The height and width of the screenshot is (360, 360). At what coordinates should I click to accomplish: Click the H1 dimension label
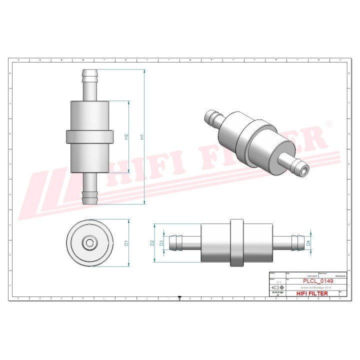142,136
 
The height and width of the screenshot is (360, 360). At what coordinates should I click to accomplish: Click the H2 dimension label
126,136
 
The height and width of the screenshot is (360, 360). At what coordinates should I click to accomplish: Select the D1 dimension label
127,243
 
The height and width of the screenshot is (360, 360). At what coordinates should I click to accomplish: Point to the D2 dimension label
152,243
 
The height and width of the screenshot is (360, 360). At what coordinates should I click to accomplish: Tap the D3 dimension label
161,243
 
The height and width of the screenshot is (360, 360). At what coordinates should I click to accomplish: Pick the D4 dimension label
308,243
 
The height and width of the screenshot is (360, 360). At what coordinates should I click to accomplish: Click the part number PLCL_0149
318,281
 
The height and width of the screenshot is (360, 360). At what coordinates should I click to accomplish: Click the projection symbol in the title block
275,288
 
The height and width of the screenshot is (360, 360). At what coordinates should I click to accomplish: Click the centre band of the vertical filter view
89,136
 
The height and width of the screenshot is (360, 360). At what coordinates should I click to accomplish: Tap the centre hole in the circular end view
90,243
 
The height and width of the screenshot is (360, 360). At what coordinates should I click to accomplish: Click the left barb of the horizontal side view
176,243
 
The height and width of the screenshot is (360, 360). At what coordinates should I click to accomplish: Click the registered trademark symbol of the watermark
329,123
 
